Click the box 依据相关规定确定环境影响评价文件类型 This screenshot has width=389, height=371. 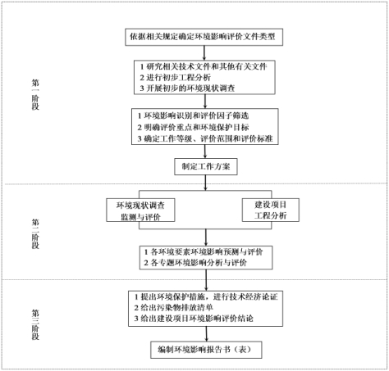[x=204, y=37]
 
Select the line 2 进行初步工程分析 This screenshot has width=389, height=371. [x=176, y=78]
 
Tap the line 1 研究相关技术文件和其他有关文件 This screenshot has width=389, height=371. [x=204, y=66]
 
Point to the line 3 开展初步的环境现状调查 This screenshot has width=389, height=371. [x=187, y=88]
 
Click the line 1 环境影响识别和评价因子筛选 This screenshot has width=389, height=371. [x=193, y=115]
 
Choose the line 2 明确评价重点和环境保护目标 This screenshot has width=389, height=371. [x=193, y=127]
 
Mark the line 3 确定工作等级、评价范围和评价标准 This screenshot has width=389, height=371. [x=205, y=138]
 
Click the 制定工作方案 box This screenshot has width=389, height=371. [x=206, y=166]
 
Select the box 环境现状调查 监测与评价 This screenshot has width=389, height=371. [x=140, y=210]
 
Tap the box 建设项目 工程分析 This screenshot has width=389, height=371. [x=271, y=210]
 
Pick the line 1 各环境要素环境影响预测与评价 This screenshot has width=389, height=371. [x=204, y=251]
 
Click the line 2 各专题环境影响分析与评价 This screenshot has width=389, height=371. [x=195, y=263]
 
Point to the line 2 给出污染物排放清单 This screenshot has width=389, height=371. [x=174, y=308]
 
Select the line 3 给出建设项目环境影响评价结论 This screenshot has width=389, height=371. [x=194, y=319]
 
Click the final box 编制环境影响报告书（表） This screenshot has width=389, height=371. [x=206, y=350]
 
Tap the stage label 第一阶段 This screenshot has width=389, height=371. [x=35, y=95]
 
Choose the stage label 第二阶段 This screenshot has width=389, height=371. [x=35, y=233]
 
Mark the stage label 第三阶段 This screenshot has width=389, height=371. [x=35, y=325]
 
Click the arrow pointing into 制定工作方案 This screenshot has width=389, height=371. [x=205, y=152]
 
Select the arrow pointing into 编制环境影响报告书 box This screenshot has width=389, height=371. [x=207, y=334]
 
